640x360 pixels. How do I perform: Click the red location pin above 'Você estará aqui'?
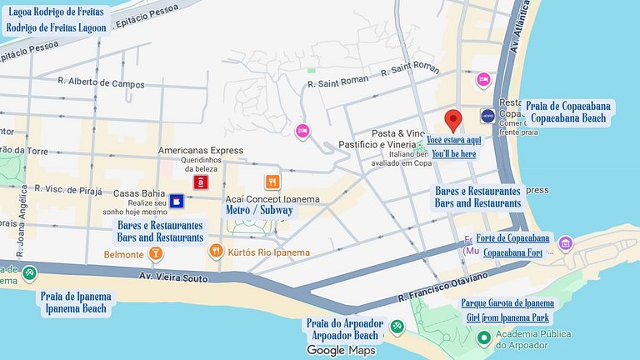[x=452, y=119]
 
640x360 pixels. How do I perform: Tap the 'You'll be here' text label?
[x=453, y=154]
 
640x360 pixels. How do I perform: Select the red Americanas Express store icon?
[x=201, y=181]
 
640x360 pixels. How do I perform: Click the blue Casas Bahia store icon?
[x=177, y=201]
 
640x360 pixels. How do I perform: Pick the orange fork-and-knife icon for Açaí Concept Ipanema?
[x=272, y=182]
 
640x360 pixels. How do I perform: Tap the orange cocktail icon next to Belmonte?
[x=155, y=252]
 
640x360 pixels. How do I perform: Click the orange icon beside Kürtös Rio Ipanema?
[x=215, y=251]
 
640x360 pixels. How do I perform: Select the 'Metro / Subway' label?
[x=259, y=211]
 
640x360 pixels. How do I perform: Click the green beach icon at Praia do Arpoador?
[x=397, y=326]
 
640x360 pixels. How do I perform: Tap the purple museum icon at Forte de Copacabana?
[x=566, y=243]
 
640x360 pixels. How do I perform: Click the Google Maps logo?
[x=341, y=351]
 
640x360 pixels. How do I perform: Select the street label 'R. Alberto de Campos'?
[x=101, y=83]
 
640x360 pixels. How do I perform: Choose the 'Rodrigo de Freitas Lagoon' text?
[x=56, y=27]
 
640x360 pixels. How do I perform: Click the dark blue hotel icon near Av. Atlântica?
[x=487, y=115]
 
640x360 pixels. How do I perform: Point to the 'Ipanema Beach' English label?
[x=73, y=309]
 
